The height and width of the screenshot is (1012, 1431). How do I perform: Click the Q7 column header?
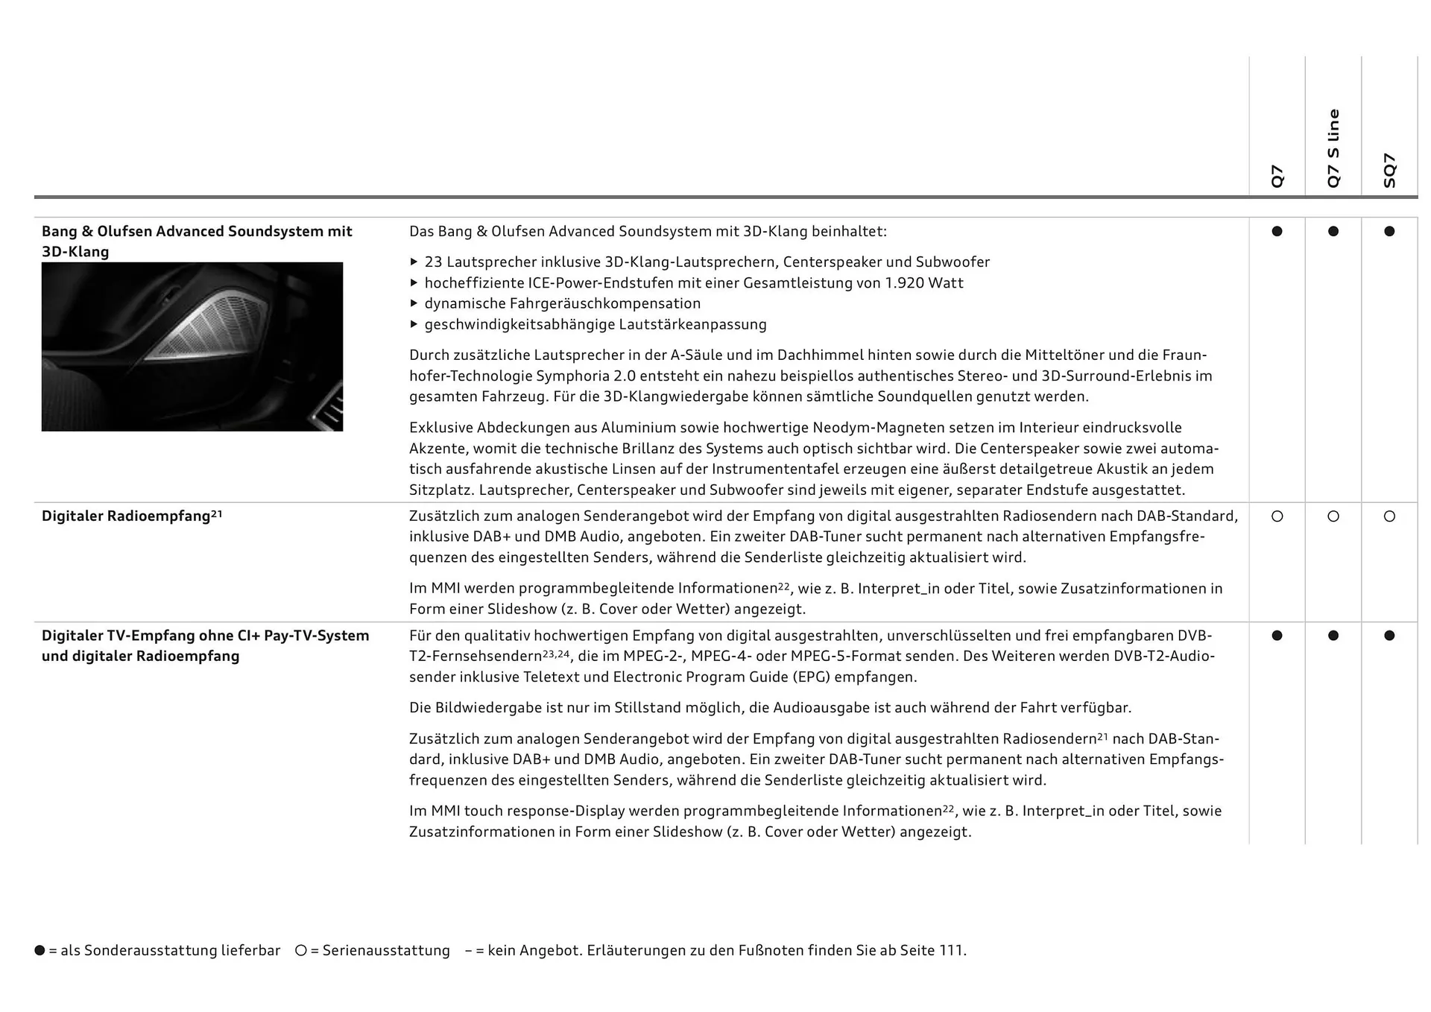1277,176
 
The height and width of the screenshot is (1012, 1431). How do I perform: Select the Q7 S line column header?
1333,148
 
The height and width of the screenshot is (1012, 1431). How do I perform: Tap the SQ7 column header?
1389,170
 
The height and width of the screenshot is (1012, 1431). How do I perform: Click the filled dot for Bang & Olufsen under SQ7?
1389,232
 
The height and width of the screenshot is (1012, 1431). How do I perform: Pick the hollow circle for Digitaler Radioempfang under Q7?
1277,516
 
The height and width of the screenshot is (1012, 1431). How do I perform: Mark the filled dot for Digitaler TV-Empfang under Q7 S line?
1333,636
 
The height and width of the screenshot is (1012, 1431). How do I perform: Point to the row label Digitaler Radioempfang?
126,516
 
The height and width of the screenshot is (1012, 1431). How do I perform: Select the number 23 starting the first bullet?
433,262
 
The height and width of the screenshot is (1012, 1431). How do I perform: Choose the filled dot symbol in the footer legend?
40,951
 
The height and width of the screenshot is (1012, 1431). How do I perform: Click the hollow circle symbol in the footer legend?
301,951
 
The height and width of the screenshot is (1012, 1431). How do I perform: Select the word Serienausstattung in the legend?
386,951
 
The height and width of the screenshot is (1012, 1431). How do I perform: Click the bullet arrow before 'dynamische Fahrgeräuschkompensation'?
414,304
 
